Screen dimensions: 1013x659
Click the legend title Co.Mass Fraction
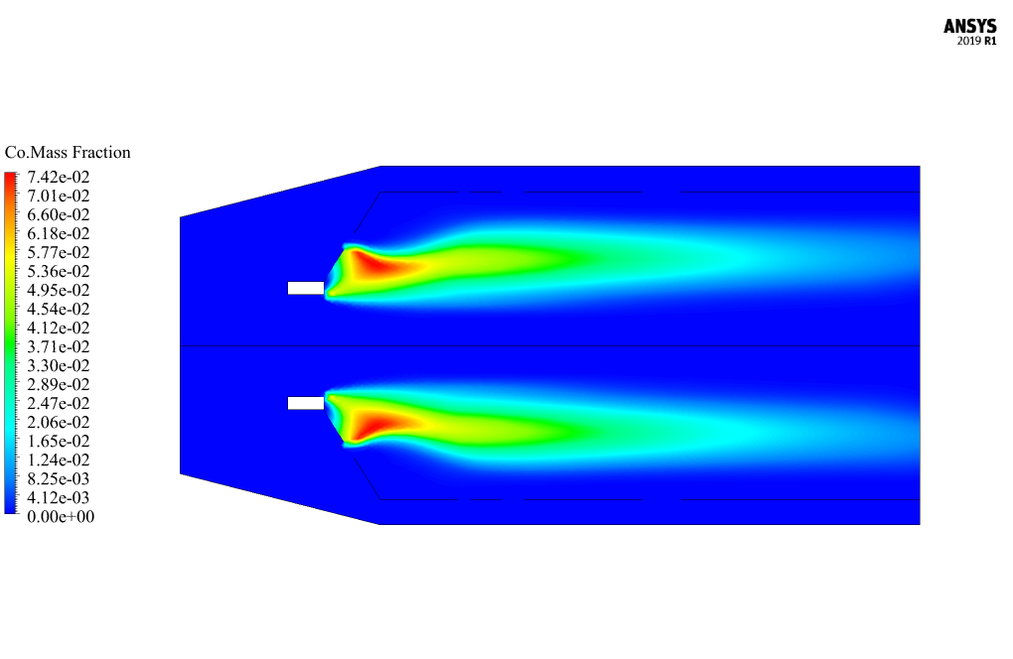68,152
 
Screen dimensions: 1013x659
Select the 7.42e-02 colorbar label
59,177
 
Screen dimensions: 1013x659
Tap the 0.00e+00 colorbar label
61,516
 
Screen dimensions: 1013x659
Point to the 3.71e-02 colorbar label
59,346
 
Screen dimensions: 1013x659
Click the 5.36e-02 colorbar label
59,271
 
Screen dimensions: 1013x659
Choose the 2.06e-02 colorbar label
59,422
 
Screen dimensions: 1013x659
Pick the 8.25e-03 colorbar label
59,479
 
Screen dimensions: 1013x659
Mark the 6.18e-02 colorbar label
59,233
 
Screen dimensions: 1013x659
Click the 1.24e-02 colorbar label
59,461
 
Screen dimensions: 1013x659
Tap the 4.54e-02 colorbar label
59,310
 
